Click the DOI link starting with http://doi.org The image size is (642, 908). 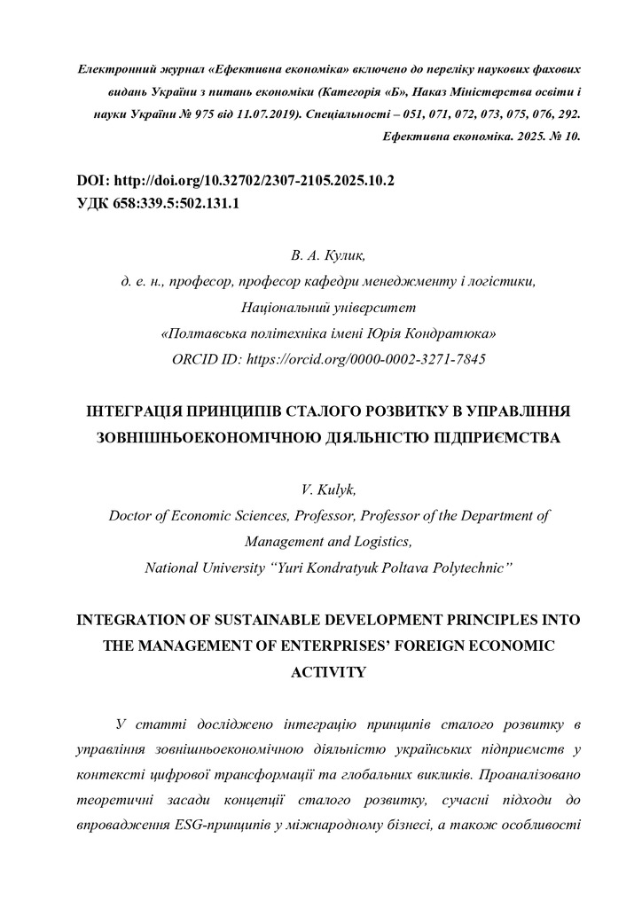tap(254, 180)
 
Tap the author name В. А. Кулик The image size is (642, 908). tap(320, 256)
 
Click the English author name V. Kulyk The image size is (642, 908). tap(320, 489)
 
